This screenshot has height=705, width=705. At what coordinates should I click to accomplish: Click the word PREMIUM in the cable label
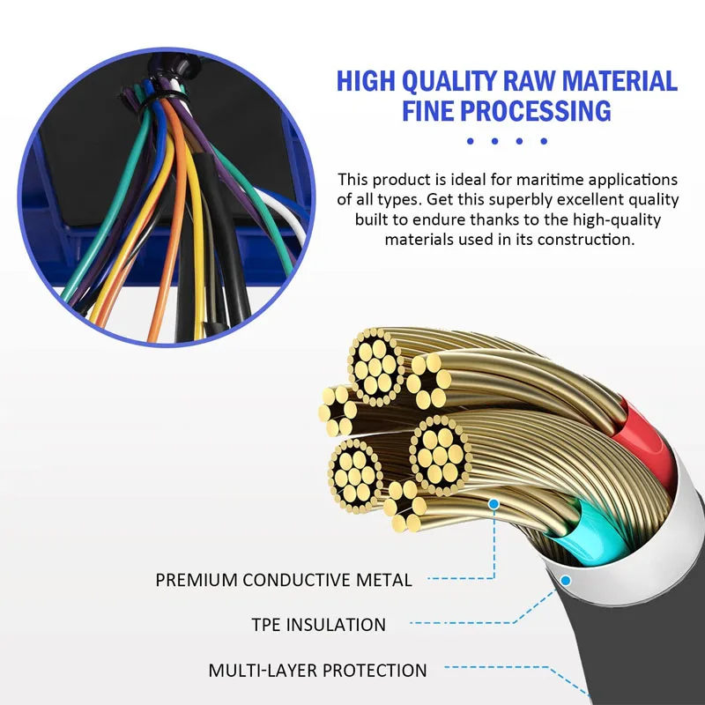coord(196,580)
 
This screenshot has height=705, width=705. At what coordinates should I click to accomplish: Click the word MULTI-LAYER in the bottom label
coord(263,671)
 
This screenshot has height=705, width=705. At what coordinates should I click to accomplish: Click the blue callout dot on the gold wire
coord(493,503)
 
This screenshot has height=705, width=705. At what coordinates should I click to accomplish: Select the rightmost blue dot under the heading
coord(545,141)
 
